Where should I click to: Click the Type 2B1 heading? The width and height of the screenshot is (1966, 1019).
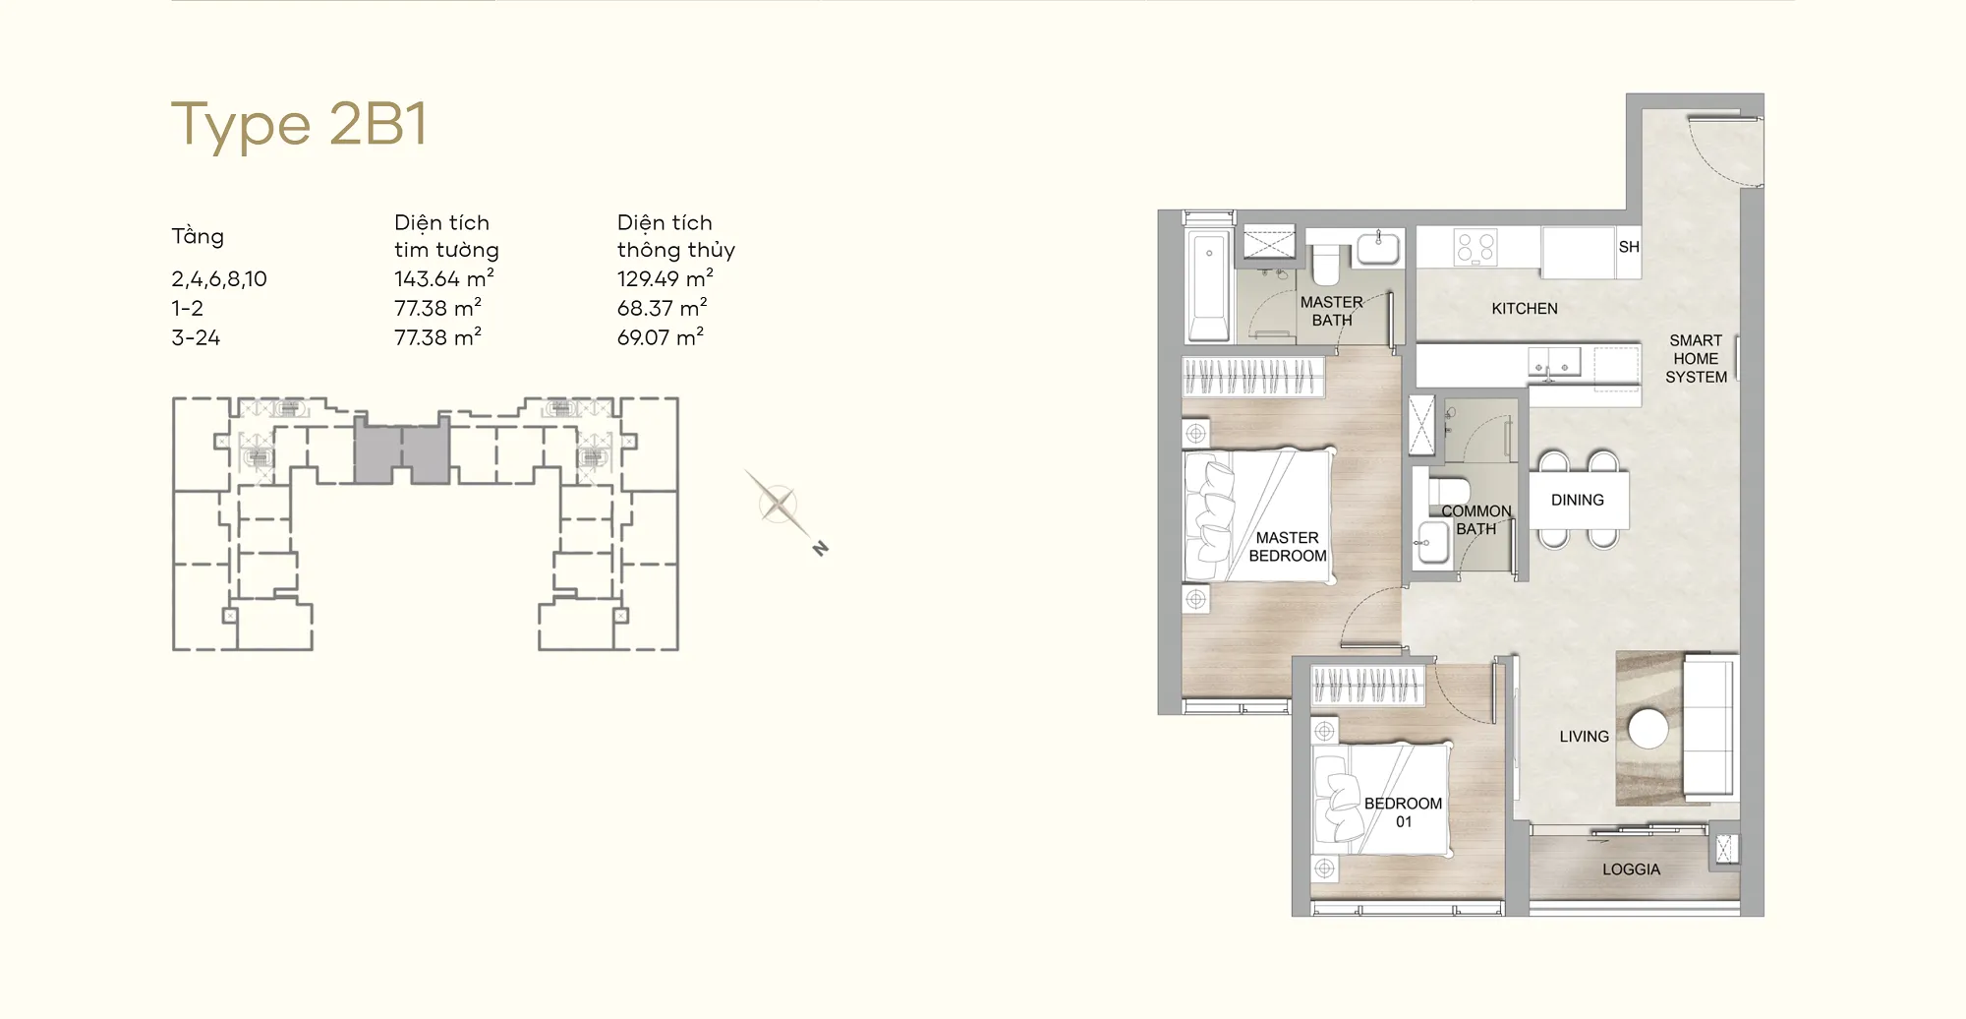[x=300, y=125]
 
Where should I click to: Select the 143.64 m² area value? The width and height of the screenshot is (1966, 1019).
[x=444, y=278]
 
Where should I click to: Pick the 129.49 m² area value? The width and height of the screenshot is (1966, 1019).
[x=665, y=278]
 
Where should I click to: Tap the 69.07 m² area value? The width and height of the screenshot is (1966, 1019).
[x=661, y=337]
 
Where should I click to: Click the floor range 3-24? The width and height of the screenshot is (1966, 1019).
[x=196, y=338]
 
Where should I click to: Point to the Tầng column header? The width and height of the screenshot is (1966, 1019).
[x=198, y=236]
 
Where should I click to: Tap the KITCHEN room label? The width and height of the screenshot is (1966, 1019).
[x=1525, y=309]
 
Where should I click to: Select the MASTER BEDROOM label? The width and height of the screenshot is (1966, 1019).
[x=1288, y=547]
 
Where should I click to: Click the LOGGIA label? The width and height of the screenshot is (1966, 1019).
[x=1631, y=869]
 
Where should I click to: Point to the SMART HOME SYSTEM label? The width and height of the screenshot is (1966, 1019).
[x=1696, y=359]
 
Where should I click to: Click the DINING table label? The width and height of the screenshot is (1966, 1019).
[x=1578, y=500]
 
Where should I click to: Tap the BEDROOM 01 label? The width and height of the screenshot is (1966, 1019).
[x=1403, y=812]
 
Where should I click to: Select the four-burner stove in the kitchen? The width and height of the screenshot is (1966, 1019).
[x=1475, y=247]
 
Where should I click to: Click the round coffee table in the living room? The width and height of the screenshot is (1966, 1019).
[x=1648, y=729]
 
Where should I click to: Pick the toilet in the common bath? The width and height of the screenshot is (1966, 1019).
[x=1448, y=491]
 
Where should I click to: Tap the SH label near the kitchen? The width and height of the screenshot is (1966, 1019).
[x=1629, y=247]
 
